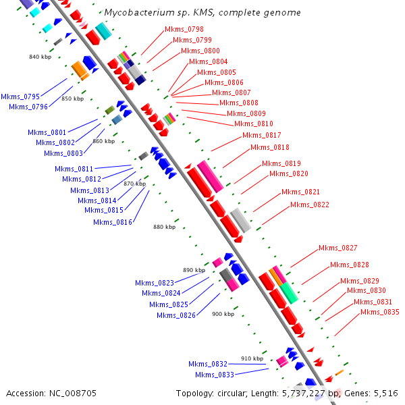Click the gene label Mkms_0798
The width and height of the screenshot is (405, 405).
click(184, 30)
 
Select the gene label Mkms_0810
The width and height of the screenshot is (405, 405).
click(254, 124)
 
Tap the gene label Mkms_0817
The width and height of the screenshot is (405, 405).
click(262, 135)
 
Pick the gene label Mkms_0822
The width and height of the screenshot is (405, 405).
click(310, 205)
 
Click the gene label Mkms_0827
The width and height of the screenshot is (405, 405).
click(338, 248)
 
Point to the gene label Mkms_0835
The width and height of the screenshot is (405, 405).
click(379, 312)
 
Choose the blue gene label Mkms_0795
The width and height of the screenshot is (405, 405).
click(20, 97)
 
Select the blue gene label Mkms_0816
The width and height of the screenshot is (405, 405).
click(113, 222)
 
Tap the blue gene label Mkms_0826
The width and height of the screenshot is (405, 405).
click(176, 315)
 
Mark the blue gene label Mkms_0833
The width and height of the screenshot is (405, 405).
click(215, 375)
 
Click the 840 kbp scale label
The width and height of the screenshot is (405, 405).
click(40, 57)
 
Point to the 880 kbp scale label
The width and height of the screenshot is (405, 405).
click(164, 227)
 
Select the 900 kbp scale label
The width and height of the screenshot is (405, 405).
click(223, 314)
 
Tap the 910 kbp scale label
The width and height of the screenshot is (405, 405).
click(252, 358)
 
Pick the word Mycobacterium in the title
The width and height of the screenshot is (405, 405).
click(136, 13)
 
